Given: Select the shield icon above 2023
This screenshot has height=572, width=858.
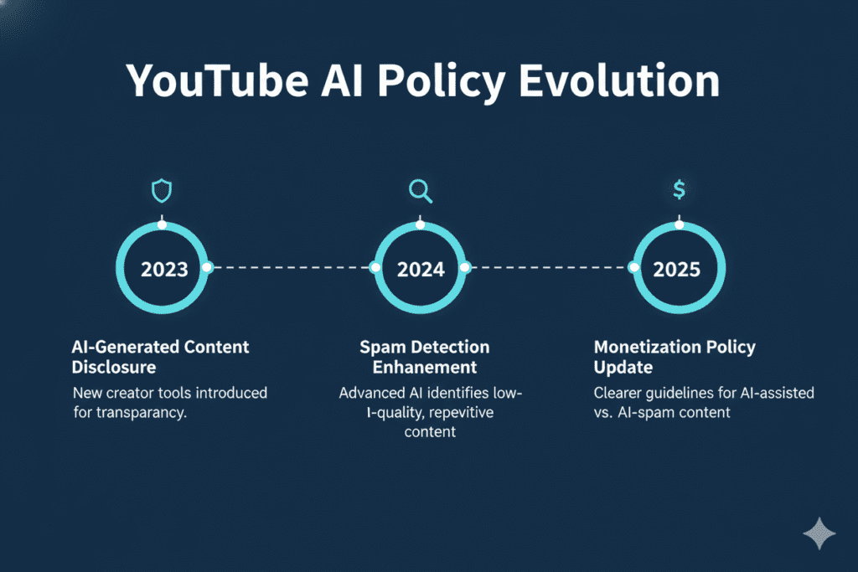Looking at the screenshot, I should point(162,192).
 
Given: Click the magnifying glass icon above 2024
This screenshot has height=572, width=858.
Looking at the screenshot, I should point(420,192).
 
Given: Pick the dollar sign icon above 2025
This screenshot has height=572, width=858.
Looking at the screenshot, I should point(679,191).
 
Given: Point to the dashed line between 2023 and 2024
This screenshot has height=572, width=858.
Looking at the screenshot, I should point(292,268).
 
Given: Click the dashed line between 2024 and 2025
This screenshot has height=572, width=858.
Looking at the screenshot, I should point(550,268).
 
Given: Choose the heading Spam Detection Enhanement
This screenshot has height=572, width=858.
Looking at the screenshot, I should point(425,357).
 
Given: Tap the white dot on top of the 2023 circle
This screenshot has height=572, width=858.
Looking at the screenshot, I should point(163,224).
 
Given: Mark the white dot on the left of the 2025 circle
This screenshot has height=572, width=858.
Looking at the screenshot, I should point(634,268).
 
